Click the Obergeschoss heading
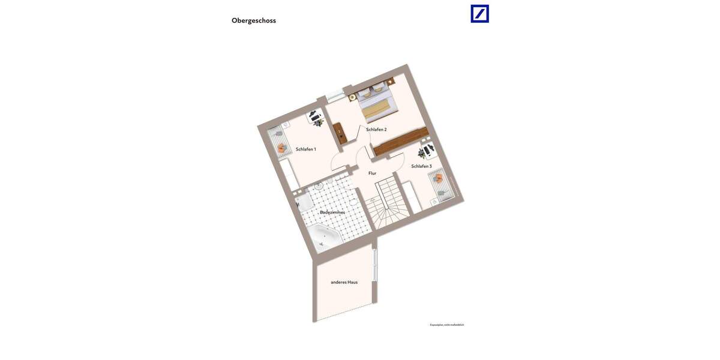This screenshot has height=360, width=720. (x=254, y=20)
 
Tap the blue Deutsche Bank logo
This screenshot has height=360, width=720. (x=479, y=14)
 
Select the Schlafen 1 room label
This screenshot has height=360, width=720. (x=305, y=149)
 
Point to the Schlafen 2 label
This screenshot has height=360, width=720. (x=376, y=129)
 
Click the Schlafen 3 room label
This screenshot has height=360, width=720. (x=421, y=166)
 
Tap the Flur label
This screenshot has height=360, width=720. (x=372, y=173)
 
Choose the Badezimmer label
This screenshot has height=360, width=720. (x=332, y=212)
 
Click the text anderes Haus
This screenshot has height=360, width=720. (x=344, y=282)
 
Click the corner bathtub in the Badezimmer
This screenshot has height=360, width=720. (x=324, y=236)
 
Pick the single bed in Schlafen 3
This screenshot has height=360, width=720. (x=440, y=185)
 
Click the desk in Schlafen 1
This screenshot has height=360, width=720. (x=316, y=116)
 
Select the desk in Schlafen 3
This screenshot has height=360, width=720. (x=428, y=149)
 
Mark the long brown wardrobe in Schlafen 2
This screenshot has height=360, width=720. (x=401, y=142)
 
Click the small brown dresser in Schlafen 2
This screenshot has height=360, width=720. (x=340, y=132)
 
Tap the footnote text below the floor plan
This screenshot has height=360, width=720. (x=447, y=325)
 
